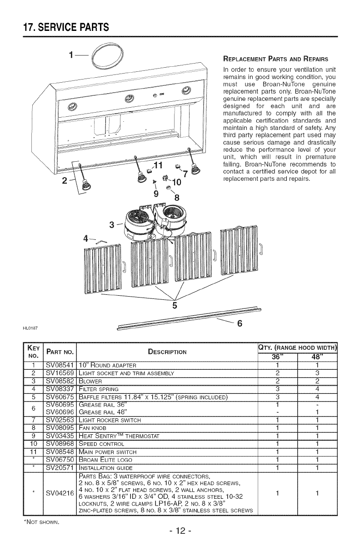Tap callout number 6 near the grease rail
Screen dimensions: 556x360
[240, 323]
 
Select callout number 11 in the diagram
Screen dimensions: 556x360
[158, 165]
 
